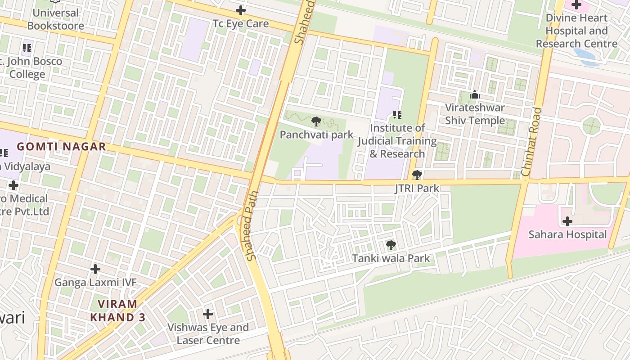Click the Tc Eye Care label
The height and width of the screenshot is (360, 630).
tap(240, 24)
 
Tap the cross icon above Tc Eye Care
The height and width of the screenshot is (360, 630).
tap(241, 10)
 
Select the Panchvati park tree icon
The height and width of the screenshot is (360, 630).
tap(316, 121)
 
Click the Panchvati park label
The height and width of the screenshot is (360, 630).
tap(316, 135)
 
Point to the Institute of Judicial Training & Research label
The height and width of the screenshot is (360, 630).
tap(397, 141)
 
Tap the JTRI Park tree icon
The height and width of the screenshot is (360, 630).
tap(417, 175)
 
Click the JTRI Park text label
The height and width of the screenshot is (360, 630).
tap(417, 188)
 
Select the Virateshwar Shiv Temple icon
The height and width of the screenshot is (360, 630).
tap(474, 95)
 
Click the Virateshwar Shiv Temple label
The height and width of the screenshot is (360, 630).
tap(475, 114)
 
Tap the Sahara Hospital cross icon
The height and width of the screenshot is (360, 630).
tap(567, 221)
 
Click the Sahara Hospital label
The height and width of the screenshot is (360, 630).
tap(567, 234)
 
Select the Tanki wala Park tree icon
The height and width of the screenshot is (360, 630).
tap(391, 245)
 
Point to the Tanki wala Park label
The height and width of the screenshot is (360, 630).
tap(391, 258)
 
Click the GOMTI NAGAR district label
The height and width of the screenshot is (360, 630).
tap(61, 146)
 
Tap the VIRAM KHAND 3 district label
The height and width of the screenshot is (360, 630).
tap(117, 310)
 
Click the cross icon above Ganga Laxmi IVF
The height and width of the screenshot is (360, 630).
tap(95, 269)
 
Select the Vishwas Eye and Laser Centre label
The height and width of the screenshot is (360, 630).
tap(208, 333)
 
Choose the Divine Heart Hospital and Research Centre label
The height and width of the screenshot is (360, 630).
tap(576, 31)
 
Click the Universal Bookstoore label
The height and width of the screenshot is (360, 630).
tap(56, 19)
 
